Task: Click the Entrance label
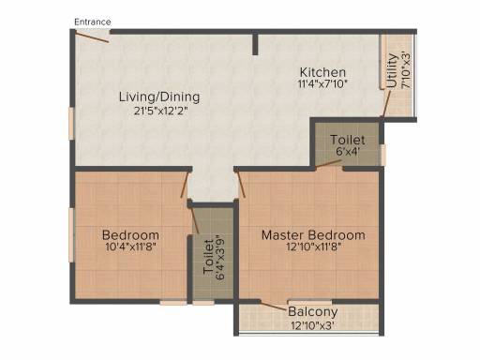93,22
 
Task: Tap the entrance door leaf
92,37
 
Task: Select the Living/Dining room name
159,97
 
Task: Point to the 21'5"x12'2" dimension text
160,111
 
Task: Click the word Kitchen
322,72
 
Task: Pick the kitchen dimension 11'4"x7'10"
322,83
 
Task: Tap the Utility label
392,70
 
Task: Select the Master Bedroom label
313,235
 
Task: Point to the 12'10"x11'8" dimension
313,247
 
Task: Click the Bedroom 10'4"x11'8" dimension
131,247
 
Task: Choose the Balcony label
313,312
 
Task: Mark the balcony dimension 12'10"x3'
313,325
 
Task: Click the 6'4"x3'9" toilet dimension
220,260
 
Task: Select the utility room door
386,103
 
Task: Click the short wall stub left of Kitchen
255,43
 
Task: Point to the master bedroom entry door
241,185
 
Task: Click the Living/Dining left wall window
71,123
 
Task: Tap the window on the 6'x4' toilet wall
383,155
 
